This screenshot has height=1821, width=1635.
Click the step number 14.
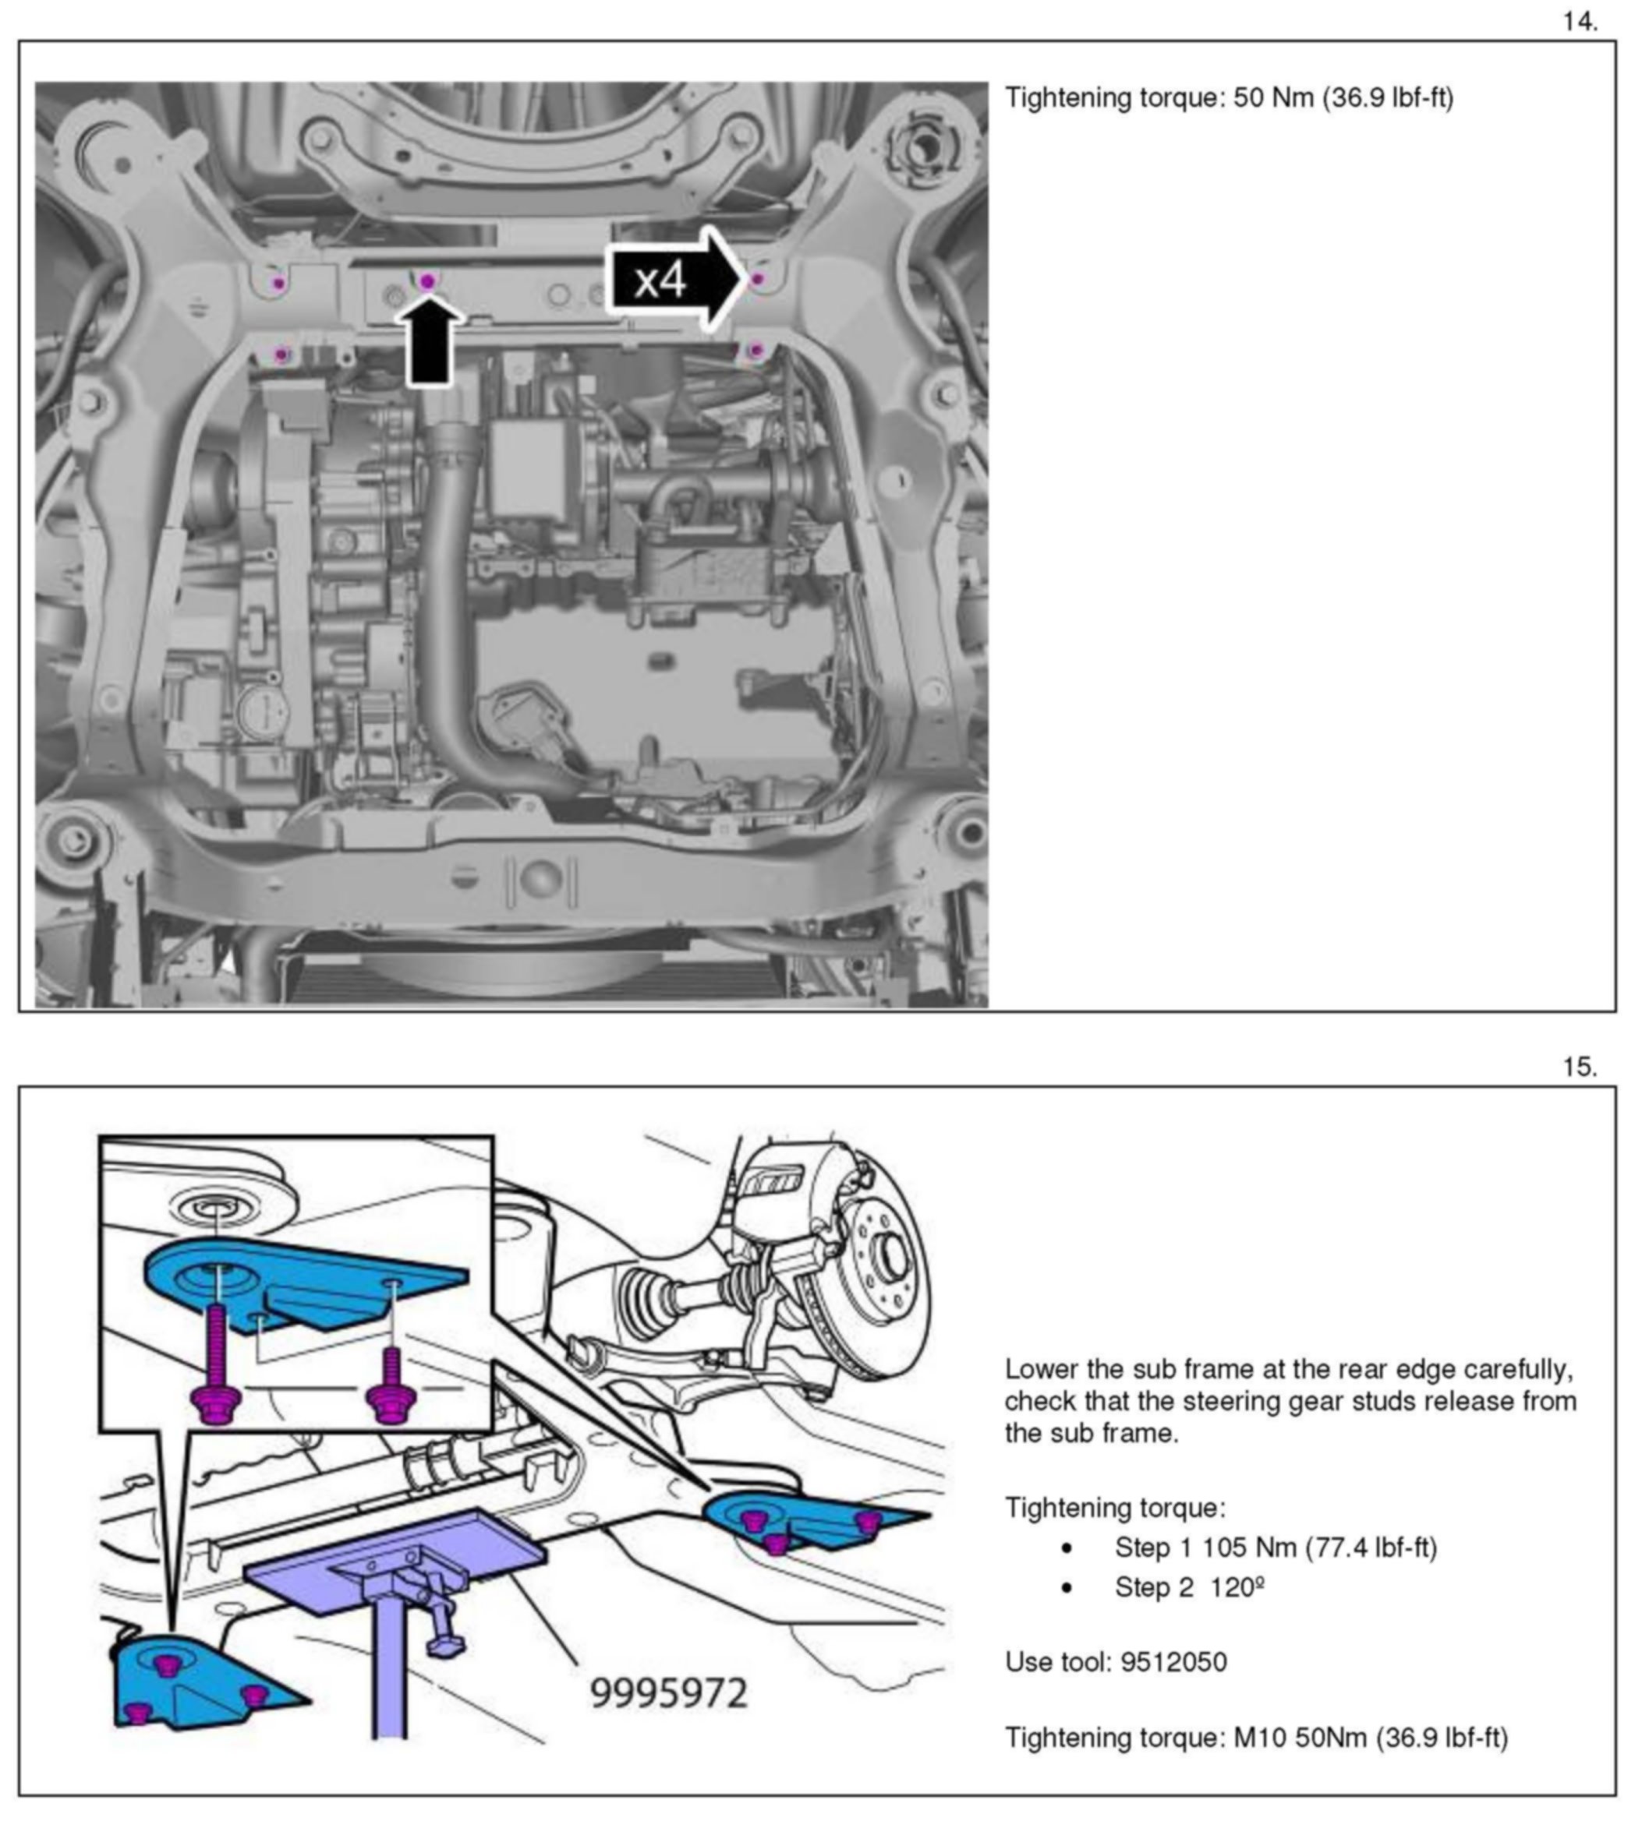(1580, 22)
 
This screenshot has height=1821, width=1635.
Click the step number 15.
(1580, 1067)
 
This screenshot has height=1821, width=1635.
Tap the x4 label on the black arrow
(660, 281)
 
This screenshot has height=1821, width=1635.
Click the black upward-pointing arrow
(430, 341)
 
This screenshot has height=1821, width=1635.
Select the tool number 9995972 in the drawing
(668, 1693)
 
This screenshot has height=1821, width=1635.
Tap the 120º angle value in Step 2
(1237, 1587)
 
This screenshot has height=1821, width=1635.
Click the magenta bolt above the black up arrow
(427, 282)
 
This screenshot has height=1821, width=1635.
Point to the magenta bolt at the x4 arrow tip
(757, 279)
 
